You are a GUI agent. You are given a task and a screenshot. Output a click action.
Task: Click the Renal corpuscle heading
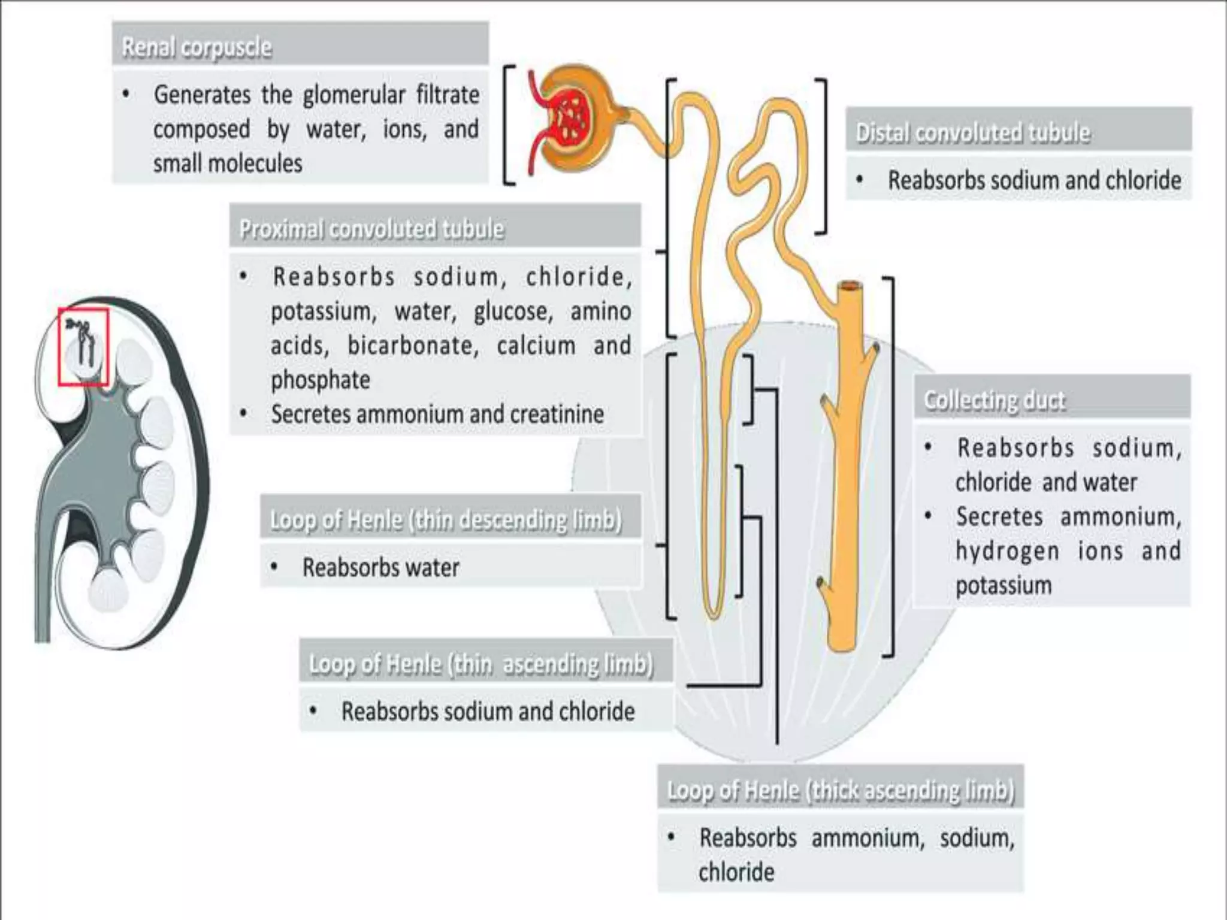click(197, 47)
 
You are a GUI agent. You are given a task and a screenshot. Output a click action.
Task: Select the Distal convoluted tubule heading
click(973, 132)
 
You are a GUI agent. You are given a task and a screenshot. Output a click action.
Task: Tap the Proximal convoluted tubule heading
click(371, 228)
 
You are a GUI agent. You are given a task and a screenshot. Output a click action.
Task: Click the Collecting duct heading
click(995, 400)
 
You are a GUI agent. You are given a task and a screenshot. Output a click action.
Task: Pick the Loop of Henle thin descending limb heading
click(446, 519)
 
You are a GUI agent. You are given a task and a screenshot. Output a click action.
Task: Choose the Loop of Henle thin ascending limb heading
click(481, 664)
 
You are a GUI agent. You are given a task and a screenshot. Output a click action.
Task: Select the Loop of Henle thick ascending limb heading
click(841, 790)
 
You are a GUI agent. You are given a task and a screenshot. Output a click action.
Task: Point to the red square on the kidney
click(83, 347)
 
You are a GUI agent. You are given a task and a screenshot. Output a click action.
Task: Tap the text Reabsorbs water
click(380, 567)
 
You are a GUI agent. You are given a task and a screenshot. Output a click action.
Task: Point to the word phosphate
click(321, 380)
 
